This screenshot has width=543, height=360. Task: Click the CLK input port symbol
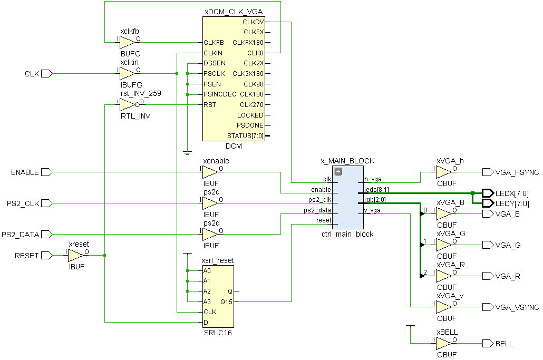click(x=46, y=74)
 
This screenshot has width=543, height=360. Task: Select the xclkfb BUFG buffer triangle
click(x=127, y=42)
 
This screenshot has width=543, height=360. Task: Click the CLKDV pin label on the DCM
click(x=253, y=22)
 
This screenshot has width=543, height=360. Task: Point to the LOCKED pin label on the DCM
click(x=250, y=115)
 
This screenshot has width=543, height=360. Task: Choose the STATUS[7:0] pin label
click(x=245, y=136)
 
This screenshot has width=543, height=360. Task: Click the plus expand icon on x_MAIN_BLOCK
click(x=338, y=171)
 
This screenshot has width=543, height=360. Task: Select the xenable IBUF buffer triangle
click(x=209, y=172)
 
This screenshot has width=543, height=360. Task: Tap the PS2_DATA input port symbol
click(x=46, y=234)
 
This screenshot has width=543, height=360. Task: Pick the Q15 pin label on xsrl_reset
click(x=226, y=301)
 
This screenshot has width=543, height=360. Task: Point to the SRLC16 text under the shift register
click(x=218, y=333)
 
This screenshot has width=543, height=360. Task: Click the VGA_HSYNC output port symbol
click(x=488, y=172)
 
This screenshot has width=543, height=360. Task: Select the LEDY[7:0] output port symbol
click(x=488, y=203)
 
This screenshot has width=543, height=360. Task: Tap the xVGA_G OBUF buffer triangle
click(x=443, y=245)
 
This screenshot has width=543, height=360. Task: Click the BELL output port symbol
click(x=488, y=344)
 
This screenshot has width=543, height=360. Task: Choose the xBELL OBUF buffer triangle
click(x=443, y=344)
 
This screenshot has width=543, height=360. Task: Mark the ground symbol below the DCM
click(x=187, y=153)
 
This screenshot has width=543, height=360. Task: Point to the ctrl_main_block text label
click(x=347, y=234)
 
